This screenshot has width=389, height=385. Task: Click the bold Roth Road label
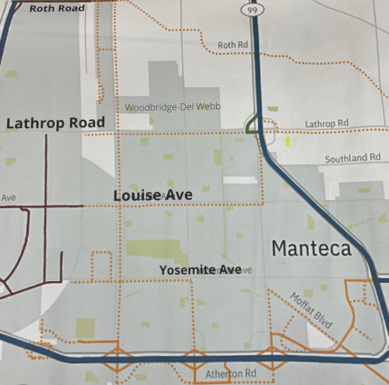pos(57,8)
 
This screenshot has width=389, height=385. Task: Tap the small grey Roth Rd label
pos(232,45)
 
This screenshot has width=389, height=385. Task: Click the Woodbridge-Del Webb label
pos(173,107)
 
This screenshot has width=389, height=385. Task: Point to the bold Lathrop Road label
pos(55,123)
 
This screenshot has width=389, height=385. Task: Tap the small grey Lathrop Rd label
pos(327,122)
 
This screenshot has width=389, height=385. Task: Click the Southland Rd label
pos(353,158)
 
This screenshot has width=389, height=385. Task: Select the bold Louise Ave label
pos(153,195)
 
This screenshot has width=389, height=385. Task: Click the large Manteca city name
pos(311,248)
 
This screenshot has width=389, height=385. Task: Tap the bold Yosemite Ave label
pos(200,269)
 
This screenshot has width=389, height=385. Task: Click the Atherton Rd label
pos(231,373)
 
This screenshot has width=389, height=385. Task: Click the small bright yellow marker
pos(287,140)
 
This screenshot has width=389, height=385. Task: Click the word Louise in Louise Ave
pos(137,195)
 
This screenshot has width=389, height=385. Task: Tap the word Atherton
pos(222,373)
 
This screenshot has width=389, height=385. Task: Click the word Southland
pos(346,158)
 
